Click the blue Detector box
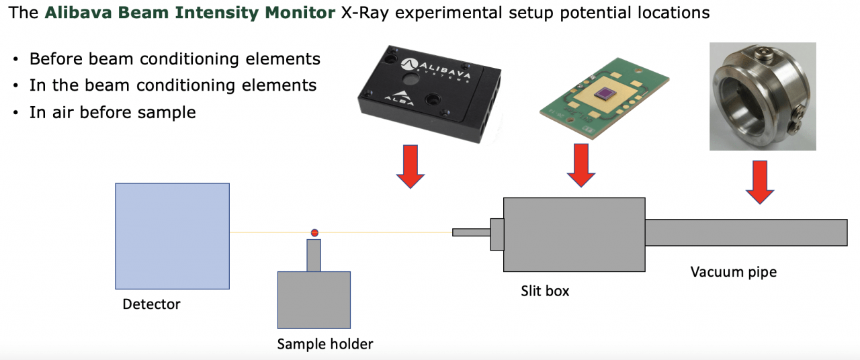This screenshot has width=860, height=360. coord(172,236)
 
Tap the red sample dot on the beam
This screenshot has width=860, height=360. coord(314,233)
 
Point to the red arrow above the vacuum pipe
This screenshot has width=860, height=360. coord(759,182)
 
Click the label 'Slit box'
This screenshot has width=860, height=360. coord(545,291)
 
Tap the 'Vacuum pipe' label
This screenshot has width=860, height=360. coord(733,272)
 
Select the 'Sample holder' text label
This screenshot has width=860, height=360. coord(325,345)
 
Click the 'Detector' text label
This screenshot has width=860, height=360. coord(151,304)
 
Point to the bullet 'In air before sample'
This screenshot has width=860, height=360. coord(112,112)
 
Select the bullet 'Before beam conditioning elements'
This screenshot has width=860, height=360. coord(175,59)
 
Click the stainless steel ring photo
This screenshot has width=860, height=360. coord(762,96)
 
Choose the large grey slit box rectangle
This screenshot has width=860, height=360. coord(574,234)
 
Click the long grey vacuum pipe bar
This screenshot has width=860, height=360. coord(746,232)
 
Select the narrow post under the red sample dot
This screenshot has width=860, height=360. coord(314,255)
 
